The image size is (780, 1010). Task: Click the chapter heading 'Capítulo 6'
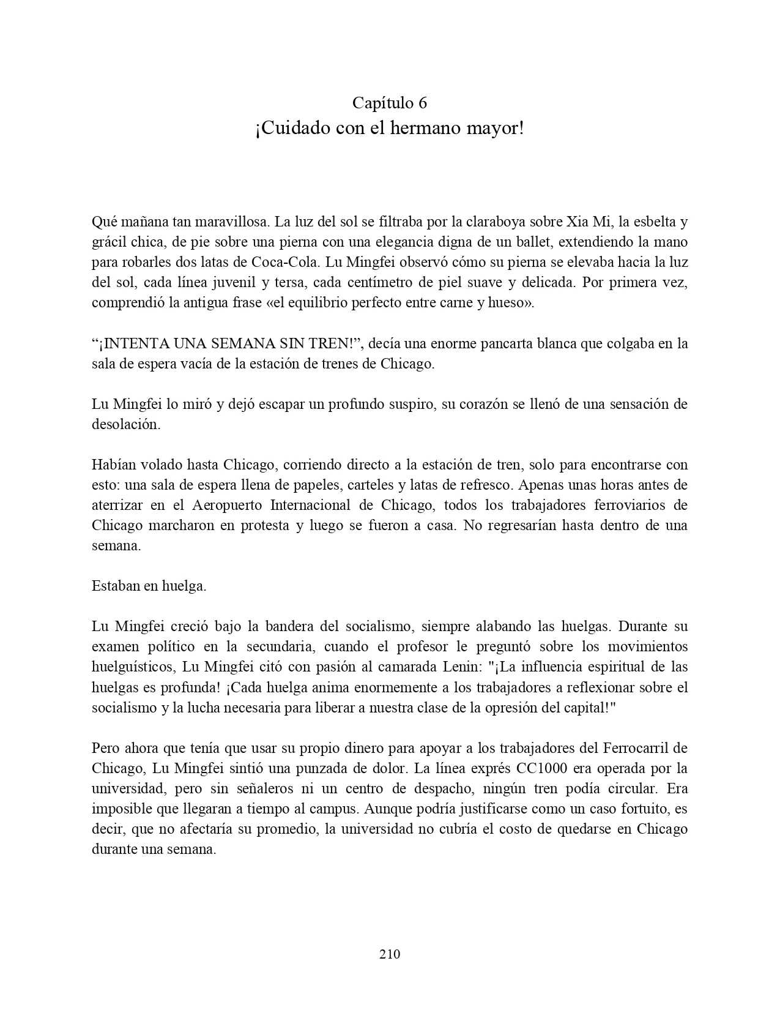[x=390, y=103]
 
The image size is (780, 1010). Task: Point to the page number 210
[x=390, y=954]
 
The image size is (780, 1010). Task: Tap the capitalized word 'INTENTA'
[x=137, y=344]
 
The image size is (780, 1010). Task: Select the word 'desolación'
[x=126, y=425]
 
